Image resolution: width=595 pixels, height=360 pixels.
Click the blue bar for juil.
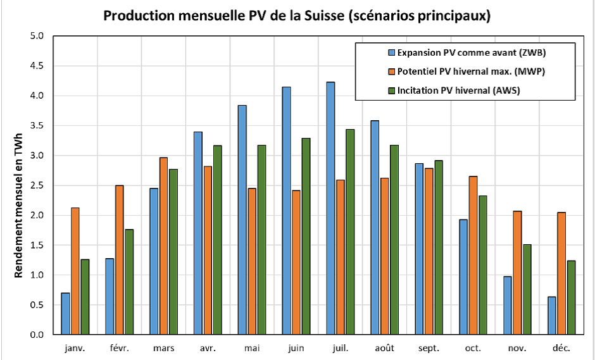point(330,208)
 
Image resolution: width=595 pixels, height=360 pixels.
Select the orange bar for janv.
point(75,271)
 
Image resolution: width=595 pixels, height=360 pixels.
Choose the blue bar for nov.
point(507,305)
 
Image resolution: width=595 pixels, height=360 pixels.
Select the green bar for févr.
point(129,282)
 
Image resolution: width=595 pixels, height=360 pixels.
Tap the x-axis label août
point(385,348)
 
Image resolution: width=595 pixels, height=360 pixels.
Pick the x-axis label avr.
point(208,348)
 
